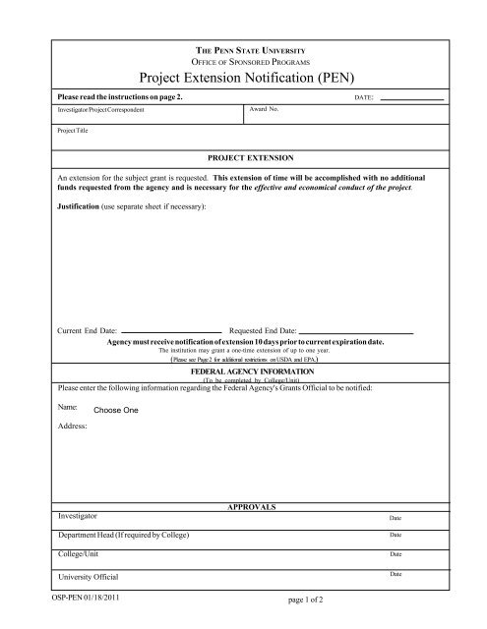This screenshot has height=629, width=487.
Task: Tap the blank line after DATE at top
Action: click(x=412, y=99)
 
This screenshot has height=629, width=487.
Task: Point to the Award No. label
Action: click(x=267, y=110)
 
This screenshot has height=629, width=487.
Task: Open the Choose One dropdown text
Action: click(x=115, y=409)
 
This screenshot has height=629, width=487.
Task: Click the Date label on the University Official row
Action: click(x=396, y=573)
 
